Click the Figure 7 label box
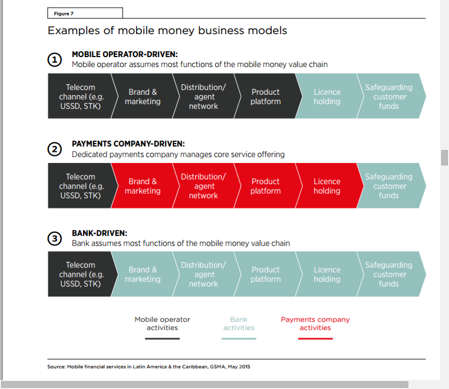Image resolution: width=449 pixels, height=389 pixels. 85,13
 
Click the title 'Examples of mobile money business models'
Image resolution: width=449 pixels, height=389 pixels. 167,30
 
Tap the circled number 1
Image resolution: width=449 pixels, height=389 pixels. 54,59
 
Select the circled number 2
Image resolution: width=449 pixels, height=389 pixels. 54,149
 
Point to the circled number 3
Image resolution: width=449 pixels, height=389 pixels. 54,238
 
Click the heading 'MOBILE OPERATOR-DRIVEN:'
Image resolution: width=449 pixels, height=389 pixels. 124,55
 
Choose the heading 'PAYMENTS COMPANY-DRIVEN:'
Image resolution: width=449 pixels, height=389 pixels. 128,144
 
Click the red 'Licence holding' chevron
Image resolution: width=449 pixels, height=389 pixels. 326,186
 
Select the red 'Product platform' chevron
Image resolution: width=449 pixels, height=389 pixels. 265,186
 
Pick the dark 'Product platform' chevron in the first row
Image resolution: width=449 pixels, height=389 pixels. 265,97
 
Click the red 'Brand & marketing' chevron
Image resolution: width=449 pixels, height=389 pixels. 143,186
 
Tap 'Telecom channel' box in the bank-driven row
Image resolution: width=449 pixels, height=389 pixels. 80,274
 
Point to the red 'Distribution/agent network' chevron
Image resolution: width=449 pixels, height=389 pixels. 203,186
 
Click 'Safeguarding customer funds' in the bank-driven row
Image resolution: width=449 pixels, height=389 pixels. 389,274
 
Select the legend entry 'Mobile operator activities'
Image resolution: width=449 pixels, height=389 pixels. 162,324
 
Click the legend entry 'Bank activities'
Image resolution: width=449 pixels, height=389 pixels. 239,324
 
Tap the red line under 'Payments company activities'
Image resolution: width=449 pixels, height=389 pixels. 315,338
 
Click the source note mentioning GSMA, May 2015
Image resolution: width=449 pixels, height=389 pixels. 148,367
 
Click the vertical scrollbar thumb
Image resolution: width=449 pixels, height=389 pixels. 444,158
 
